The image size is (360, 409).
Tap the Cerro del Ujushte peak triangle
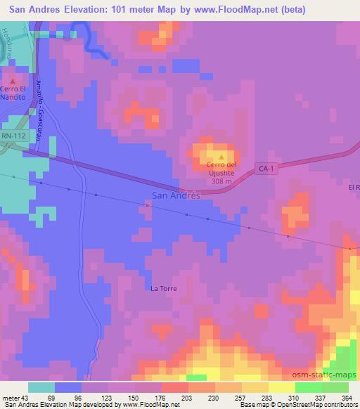point(222,157)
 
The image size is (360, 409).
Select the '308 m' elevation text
point(222,180)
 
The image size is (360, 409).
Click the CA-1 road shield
point(264,169)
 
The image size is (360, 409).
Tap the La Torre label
point(163,288)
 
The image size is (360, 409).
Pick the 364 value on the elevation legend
point(345,398)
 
